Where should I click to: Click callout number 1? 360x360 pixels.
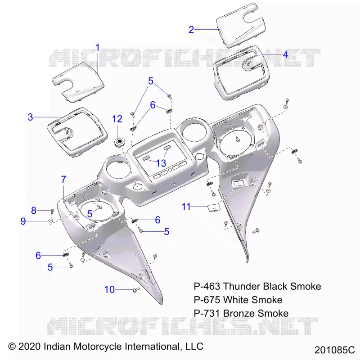(x=98, y=48)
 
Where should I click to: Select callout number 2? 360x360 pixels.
(x=191, y=30)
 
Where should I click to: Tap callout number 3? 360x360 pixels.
(x=30, y=117)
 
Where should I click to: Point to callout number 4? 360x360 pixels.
(x=285, y=54)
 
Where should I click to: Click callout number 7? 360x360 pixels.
(x=63, y=179)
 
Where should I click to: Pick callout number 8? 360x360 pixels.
(x=34, y=211)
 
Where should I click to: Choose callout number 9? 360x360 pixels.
(x=23, y=221)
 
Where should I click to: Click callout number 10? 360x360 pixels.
(x=109, y=290)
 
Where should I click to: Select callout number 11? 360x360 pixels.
(x=186, y=207)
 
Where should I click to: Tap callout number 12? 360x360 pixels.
(x=117, y=119)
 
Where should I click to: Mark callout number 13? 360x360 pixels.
(x=161, y=163)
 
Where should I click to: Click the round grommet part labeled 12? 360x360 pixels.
(x=120, y=142)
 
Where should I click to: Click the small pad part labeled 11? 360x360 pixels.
(x=213, y=207)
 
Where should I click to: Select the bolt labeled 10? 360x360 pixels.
(x=136, y=290)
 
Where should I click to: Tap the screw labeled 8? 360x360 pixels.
(x=52, y=211)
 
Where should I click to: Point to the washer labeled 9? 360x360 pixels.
(x=50, y=220)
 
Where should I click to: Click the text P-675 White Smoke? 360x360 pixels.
(x=238, y=300)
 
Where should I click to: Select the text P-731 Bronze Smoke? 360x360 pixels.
(x=241, y=313)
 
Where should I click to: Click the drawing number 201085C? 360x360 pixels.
(x=334, y=350)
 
